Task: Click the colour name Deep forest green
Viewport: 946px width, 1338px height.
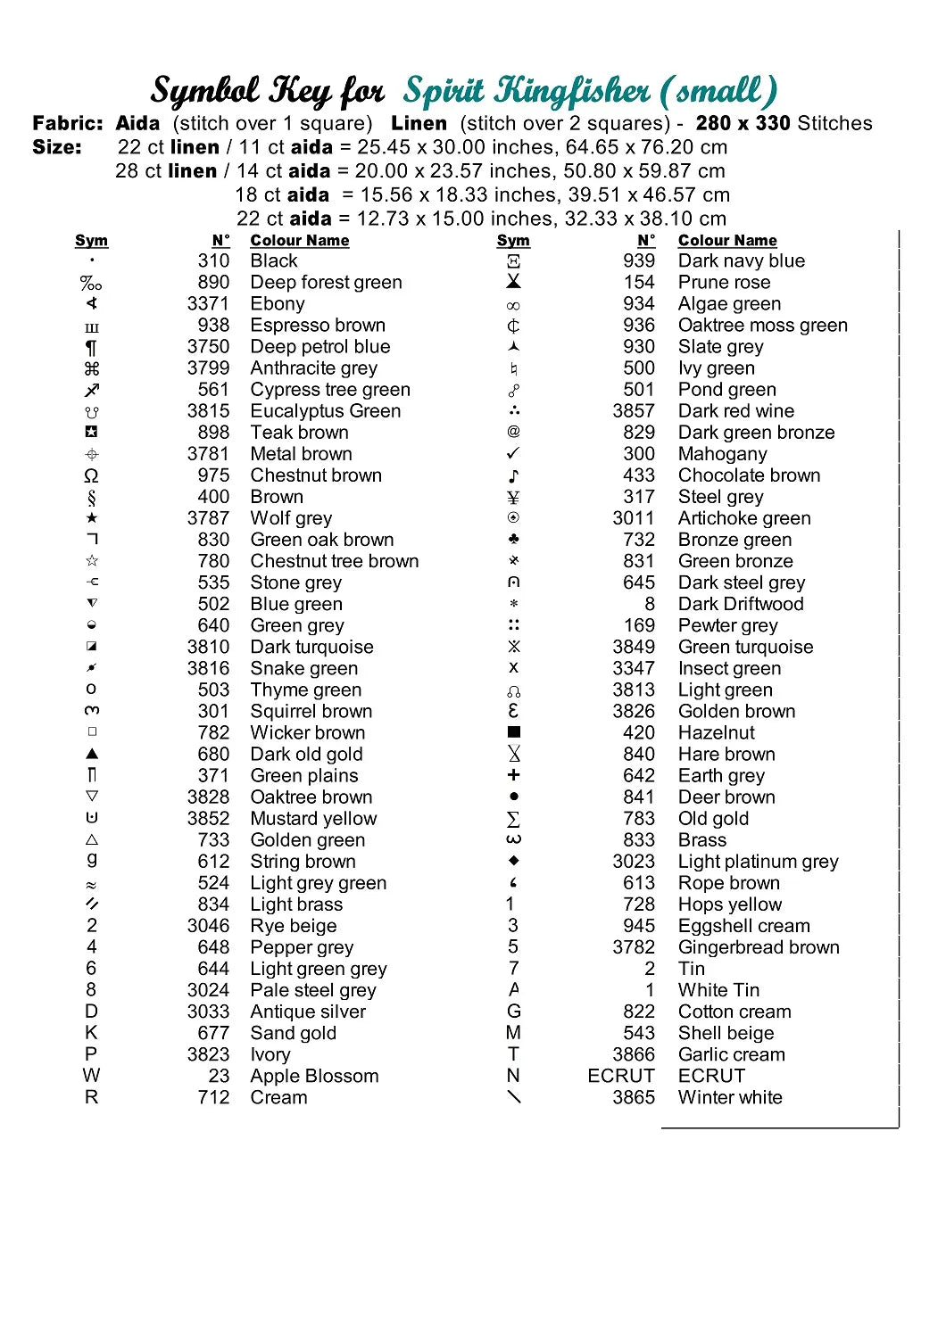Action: coord(326,283)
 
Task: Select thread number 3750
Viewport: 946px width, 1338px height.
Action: coord(208,347)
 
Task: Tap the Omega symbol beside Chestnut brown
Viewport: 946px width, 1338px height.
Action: coord(91,476)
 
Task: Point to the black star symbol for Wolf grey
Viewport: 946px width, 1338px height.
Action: coord(91,518)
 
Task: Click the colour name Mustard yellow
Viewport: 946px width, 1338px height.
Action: coord(313,819)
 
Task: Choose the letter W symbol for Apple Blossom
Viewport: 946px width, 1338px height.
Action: coord(91,1076)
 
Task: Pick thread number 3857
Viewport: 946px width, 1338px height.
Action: coord(634,411)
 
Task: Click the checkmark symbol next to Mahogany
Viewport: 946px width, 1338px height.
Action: coord(513,454)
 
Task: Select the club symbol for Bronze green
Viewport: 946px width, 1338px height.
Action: coord(513,540)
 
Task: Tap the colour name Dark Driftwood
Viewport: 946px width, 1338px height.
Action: coord(741,604)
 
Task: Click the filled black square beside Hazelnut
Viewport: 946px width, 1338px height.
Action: coord(513,732)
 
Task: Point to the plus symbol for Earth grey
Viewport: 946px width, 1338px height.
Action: coord(513,775)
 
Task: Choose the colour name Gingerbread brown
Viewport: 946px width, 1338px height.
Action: coord(759,947)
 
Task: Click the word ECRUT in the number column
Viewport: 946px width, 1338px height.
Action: coord(621,1076)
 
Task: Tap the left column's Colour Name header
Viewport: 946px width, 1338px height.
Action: coord(300,241)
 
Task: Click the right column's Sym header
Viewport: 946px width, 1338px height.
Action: coord(513,241)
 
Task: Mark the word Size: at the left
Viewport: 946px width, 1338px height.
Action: coord(57,147)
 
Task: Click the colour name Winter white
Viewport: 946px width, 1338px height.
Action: coord(730,1097)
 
